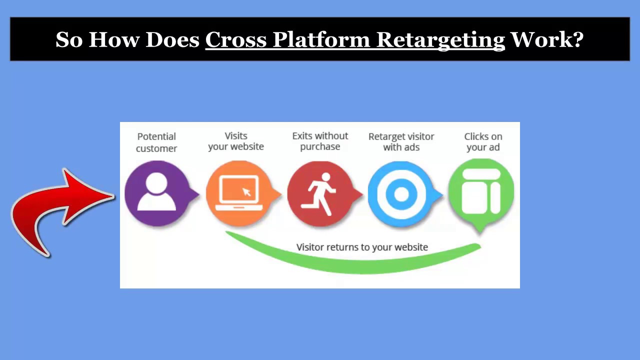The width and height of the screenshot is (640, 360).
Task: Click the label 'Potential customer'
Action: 156,142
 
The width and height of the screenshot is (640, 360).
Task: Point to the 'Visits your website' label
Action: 236,141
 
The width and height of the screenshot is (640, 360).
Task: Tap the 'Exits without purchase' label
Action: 320,141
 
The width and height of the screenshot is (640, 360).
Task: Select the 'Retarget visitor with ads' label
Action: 401,141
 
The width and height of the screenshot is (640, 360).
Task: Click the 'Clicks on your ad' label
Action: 483,141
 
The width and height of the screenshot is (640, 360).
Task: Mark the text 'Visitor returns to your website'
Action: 362,247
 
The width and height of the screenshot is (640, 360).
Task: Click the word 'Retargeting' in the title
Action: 440,39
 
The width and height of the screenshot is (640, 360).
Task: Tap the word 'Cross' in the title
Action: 235,39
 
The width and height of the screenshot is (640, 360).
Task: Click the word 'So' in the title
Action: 69,39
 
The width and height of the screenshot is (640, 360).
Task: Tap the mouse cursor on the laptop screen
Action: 246,191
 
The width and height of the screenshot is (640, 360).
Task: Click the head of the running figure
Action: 325,177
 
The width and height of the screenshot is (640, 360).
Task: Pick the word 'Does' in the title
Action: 172,39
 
